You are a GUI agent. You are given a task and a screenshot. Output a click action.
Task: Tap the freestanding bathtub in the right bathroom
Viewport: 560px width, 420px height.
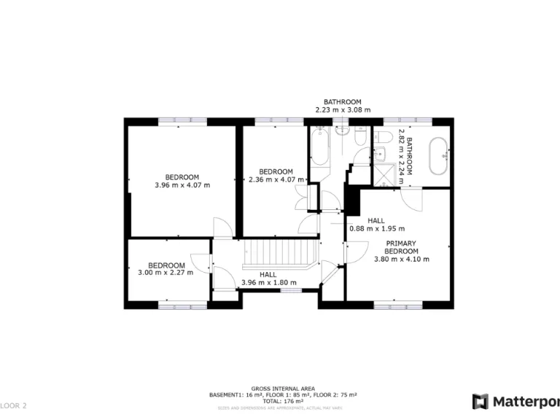tap(438, 155)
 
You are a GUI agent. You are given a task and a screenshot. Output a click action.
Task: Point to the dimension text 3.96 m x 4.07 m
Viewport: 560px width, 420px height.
tap(182, 185)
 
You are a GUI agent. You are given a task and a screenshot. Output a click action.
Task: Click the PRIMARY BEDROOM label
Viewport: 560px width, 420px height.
tap(401, 246)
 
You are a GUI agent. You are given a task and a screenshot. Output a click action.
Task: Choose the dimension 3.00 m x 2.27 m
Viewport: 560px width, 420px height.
tap(166, 273)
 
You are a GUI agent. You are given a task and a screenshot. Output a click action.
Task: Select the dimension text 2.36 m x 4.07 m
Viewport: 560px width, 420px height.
tap(276, 179)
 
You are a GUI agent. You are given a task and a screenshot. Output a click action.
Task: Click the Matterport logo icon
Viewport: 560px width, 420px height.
tap(480, 401)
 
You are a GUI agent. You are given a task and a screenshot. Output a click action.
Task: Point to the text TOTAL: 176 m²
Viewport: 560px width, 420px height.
tap(283, 400)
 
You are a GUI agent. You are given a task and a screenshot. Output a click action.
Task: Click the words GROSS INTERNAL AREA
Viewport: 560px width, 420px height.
tap(283, 389)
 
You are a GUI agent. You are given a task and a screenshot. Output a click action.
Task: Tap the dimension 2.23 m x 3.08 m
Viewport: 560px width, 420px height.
tap(343, 110)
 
